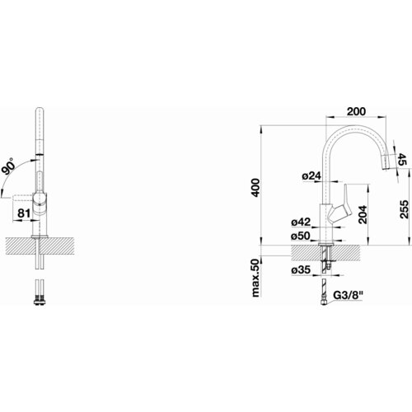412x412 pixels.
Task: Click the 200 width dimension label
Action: [356, 111]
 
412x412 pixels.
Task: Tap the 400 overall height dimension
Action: [255, 188]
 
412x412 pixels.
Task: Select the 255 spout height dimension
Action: [404, 209]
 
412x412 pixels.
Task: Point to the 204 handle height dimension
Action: [363, 214]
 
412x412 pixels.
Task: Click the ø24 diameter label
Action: [311, 176]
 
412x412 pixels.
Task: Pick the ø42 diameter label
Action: [301, 222]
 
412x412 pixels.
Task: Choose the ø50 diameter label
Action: [301, 236]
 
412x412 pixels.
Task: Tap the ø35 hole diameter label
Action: [301, 270]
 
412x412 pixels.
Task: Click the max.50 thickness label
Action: [255, 278]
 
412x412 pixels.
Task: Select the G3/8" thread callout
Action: [348, 296]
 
